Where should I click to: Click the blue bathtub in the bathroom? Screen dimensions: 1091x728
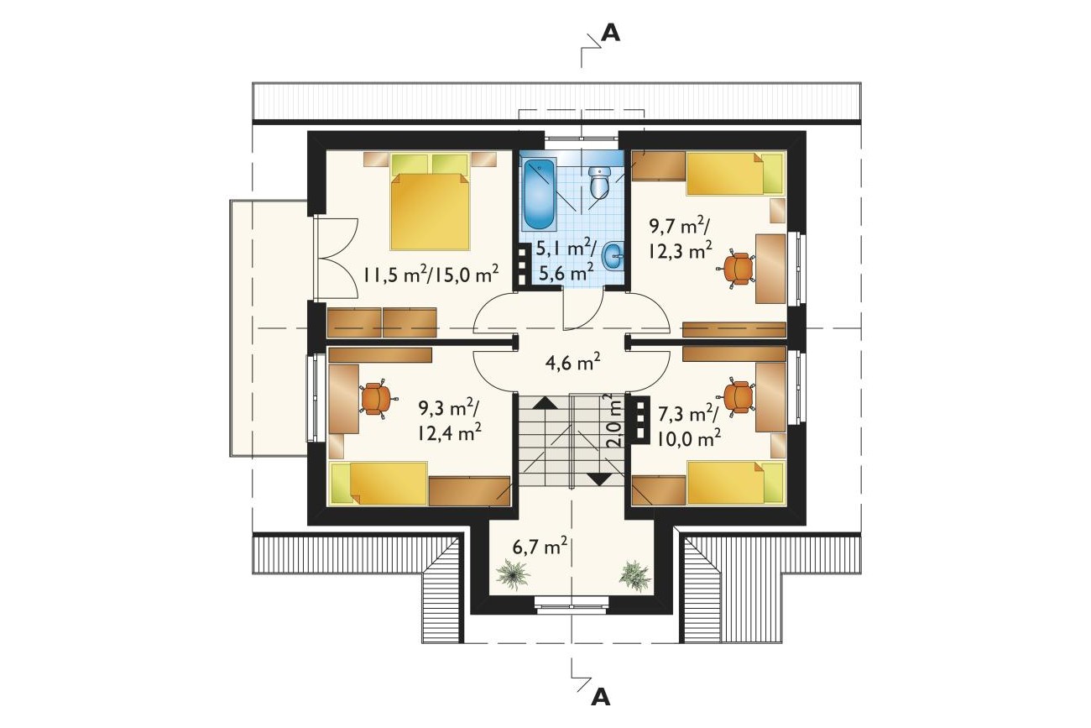539,195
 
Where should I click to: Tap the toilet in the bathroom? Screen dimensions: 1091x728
599,183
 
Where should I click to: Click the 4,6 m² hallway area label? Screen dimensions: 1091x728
572,363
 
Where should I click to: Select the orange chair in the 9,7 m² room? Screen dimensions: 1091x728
737,269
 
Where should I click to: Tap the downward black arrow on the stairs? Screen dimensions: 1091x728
598,479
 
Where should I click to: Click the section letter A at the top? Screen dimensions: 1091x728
611,33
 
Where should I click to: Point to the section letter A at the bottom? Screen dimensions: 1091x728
600,699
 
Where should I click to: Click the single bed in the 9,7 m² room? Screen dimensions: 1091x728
736,174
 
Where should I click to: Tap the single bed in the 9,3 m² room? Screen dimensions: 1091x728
379,484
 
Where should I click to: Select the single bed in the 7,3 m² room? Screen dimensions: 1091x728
736,483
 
